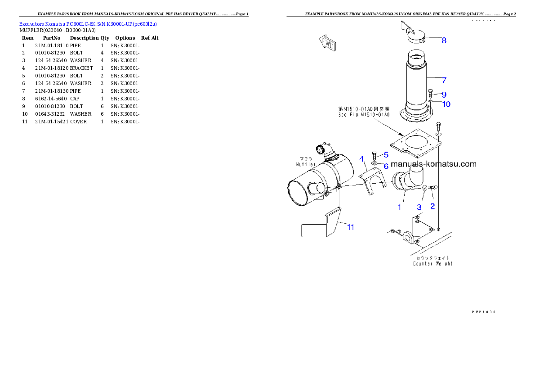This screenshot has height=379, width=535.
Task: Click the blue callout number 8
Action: click(444, 40)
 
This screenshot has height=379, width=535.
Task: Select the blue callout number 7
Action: click(444, 81)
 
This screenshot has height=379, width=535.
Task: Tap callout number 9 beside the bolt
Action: click(444, 95)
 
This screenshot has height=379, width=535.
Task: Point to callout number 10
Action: click(446, 104)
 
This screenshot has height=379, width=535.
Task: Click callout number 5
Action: click(386, 154)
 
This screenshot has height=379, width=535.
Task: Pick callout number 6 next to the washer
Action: click(386, 166)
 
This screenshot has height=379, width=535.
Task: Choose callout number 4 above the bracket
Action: click(361, 158)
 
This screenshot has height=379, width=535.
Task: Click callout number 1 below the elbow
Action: click(399, 207)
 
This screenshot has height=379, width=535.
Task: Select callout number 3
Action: click(419, 208)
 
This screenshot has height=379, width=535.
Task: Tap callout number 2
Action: click(432, 207)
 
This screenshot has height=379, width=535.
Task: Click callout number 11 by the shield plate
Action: click(350, 227)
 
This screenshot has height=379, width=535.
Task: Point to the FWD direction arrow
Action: click(329, 44)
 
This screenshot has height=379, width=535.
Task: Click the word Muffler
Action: click(306, 165)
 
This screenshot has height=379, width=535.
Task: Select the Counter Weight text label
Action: click(432, 263)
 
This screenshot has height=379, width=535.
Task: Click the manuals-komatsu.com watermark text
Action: click(433, 164)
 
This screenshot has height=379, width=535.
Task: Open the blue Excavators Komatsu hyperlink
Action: click(88, 24)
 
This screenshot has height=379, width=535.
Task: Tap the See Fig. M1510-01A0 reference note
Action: click(364, 115)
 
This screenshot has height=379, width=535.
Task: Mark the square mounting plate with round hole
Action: click(414, 144)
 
